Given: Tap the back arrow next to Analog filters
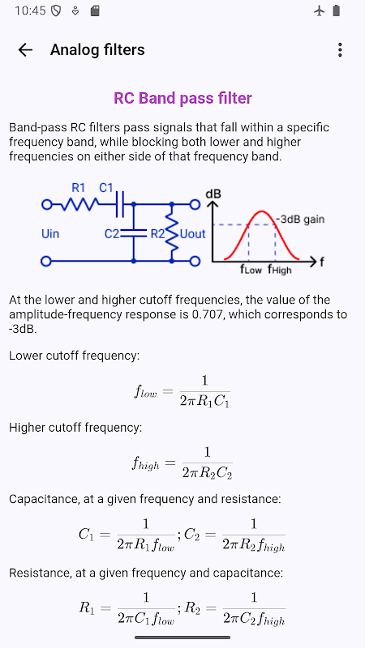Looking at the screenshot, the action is [x=25, y=50].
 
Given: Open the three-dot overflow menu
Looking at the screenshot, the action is [x=340, y=50].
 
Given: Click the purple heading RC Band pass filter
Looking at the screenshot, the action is [x=182, y=98].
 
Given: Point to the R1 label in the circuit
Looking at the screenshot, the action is [x=78, y=188].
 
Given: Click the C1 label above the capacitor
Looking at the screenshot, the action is [x=106, y=188].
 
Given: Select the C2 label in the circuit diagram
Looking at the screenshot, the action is [x=112, y=234].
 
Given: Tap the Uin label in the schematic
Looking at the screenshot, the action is [x=50, y=234].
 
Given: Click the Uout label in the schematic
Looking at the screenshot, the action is [x=192, y=234].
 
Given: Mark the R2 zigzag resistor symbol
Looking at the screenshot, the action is [x=172, y=233].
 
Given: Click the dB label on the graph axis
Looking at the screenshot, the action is [x=213, y=193].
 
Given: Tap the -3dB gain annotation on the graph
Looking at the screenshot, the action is [x=300, y=219].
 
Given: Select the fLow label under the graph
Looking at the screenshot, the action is [x=251, y=270].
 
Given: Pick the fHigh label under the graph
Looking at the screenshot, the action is [x=279, y=270].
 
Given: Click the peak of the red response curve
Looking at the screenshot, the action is [x=261, y=212].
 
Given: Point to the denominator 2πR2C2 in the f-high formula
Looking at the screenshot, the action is [x=207, y=473].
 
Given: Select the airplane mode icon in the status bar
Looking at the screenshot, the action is [x=319, y=11].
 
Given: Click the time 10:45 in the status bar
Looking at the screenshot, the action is [x=30, y=11].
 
